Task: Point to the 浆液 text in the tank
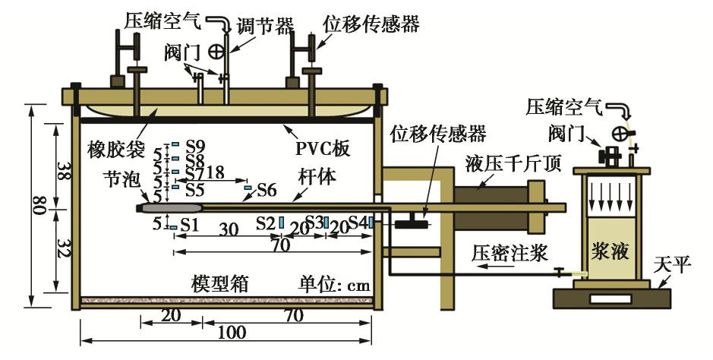pos(612,251)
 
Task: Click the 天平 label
pos(673,264)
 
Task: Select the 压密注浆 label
pos(510,253)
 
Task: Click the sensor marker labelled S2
pos(282,223)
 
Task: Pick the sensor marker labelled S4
pos(371,223)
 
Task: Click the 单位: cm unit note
pos(334,286)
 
